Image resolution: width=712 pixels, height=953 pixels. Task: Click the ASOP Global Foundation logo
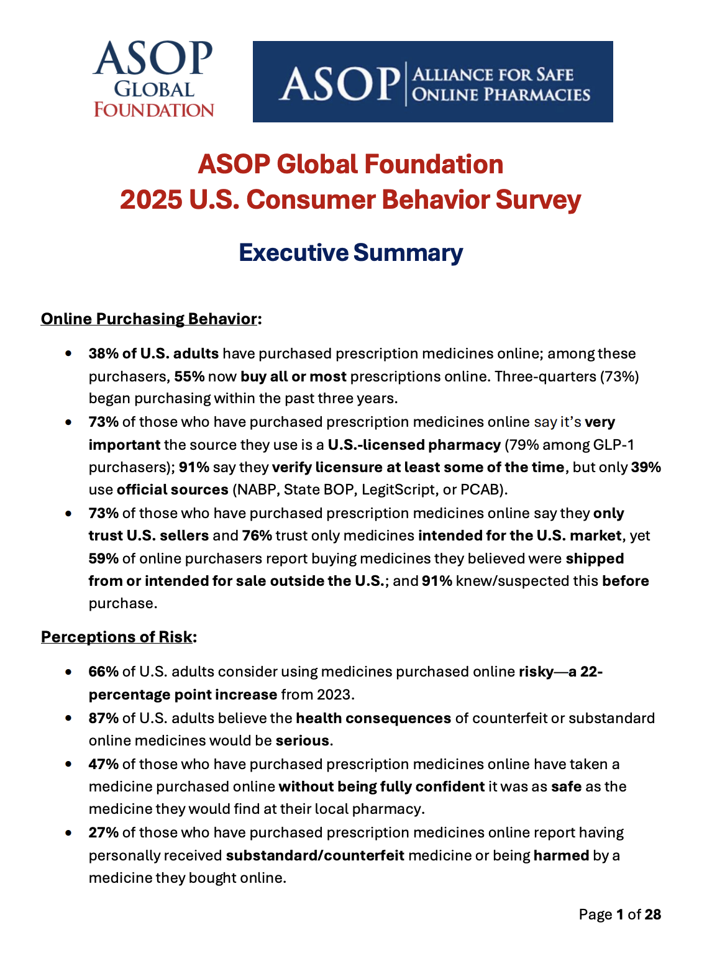153,80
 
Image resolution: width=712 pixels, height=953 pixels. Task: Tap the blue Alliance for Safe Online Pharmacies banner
432,81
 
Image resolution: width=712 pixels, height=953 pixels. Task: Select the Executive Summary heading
350,252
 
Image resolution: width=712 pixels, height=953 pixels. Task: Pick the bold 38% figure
103,353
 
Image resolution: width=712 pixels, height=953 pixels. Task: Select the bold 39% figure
646,467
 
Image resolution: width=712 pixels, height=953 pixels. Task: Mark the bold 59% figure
103,559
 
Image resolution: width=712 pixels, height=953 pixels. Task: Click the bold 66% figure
103,672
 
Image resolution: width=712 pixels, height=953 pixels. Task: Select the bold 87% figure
103,718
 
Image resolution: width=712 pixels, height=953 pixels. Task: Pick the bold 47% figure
103,764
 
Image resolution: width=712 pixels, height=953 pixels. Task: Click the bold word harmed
561,855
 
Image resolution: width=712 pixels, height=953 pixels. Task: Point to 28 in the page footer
652,914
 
